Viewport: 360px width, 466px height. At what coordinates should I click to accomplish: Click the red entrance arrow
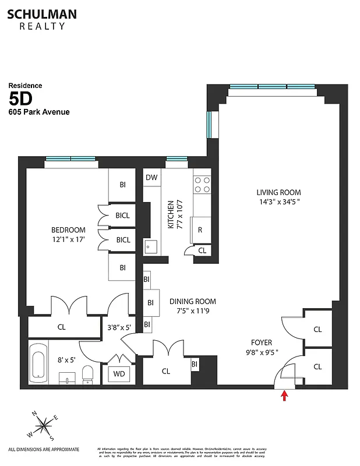(284, 397)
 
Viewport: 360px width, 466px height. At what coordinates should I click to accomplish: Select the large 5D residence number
(22, 97)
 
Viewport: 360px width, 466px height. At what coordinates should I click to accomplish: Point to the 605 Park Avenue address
(39, 112)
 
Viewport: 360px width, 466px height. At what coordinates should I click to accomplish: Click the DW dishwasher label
(151, 178)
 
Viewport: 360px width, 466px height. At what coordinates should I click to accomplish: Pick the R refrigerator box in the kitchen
(200, 230)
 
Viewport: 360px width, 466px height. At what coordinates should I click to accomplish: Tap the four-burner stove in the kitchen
(202, 185)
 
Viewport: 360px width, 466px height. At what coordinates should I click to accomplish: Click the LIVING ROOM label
(278, 193)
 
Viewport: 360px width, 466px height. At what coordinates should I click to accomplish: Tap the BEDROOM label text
(68, 230)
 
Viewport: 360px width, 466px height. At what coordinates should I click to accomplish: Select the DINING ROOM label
(192, 301)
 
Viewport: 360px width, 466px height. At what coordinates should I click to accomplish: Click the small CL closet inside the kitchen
(202, 250)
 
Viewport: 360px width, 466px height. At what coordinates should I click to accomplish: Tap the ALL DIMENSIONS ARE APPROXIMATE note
(44, 449)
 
